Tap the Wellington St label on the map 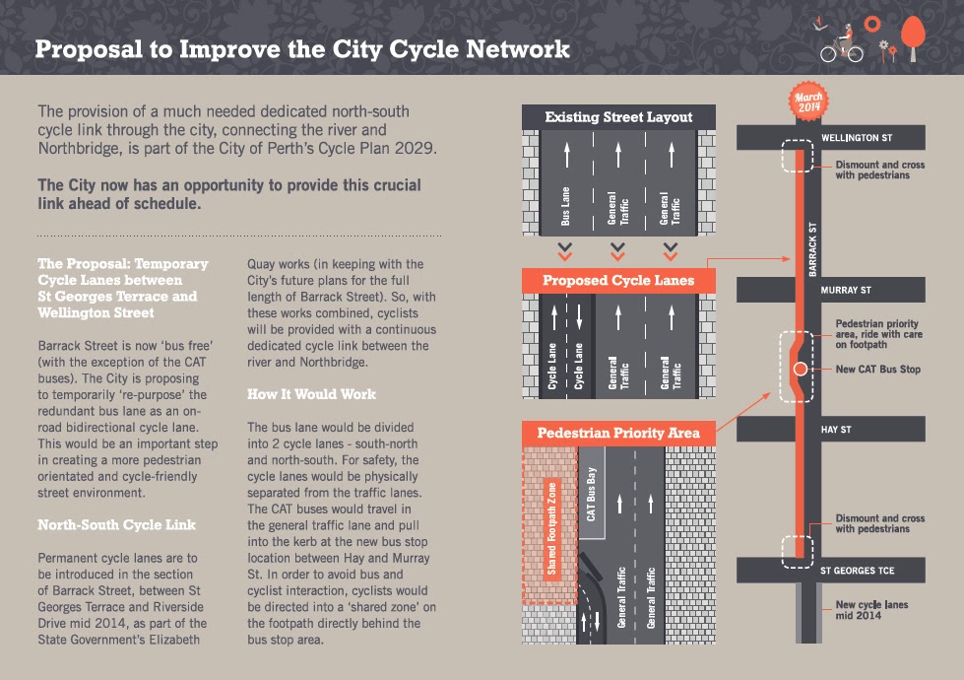857,138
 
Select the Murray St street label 845,290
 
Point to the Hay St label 836,430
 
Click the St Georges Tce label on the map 857,571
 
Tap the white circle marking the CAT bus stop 800,369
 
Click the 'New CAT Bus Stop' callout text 878,370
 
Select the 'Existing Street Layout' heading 618,117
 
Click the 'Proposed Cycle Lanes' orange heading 618,281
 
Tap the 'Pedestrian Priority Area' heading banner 618,434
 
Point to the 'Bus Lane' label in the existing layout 565,206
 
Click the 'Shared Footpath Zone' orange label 551,529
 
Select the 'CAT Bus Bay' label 591,494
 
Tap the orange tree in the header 913,37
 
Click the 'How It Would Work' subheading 312,394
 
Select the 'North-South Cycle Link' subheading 117,525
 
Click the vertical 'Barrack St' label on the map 812,249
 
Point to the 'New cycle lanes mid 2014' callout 871,610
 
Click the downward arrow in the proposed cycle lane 579,315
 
